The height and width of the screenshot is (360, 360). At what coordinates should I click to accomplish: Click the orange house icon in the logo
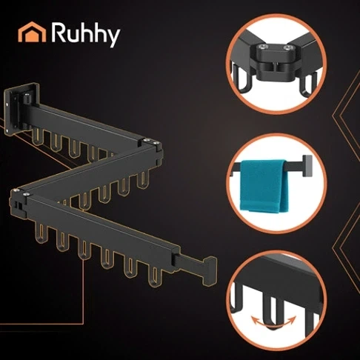point(32,32)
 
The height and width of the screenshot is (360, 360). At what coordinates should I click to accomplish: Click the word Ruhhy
point(85,34)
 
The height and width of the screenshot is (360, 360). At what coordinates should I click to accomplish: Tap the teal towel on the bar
point(264,186)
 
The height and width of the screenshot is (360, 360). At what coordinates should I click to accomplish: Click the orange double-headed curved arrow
point(273,321)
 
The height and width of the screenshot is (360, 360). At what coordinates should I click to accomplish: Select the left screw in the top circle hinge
point(263,47)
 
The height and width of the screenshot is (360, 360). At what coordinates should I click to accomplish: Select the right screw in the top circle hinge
point(287,47)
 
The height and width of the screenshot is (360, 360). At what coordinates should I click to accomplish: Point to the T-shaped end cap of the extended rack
point(210,270)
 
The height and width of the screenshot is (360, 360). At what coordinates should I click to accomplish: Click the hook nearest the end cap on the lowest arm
point(155,277)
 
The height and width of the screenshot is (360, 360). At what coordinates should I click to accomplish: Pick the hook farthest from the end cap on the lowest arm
point(41,233)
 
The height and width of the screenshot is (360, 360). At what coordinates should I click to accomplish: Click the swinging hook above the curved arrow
point(271,312)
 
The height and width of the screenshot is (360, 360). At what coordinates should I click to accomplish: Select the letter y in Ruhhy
point(112,38)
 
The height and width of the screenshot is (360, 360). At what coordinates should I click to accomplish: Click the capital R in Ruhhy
point(59,32)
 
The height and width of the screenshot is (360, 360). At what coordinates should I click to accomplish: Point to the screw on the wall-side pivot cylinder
point(26,94)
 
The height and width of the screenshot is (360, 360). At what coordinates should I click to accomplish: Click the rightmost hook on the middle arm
point(143,179)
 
